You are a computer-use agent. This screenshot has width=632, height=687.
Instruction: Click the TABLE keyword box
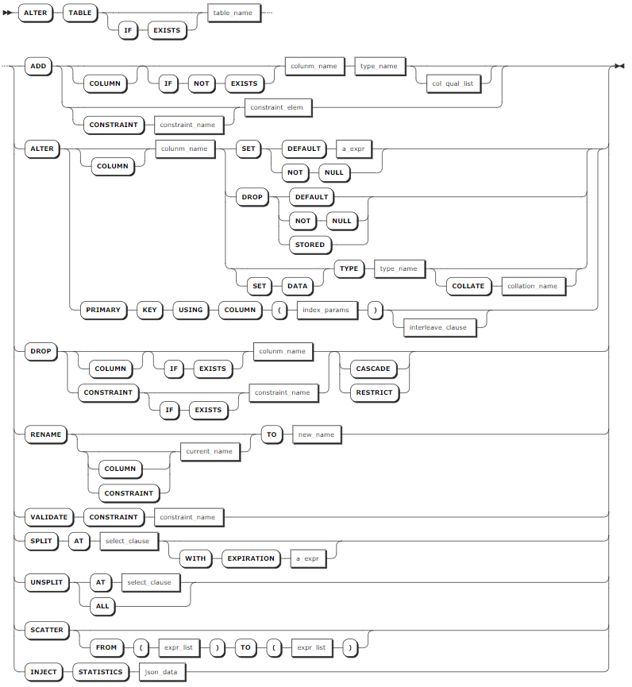80,14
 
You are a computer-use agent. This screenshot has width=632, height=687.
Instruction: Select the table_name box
233,14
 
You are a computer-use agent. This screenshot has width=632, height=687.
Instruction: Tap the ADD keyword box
39,66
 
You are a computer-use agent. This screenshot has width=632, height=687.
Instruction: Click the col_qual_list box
453,83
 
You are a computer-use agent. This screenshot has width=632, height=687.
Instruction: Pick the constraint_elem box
277,107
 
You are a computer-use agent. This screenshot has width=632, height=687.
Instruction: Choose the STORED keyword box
310,245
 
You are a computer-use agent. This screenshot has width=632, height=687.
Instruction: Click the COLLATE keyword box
468,286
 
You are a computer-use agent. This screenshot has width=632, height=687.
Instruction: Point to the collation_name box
533,286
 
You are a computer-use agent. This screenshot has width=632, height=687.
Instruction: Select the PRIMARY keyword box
103,311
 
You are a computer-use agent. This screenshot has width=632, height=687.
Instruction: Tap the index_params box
326,311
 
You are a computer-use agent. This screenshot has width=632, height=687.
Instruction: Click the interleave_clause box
438,328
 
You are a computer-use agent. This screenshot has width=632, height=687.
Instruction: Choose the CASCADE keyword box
373,369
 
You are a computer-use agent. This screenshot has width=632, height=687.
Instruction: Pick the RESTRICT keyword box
375,392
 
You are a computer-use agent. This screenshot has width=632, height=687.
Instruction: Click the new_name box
316,434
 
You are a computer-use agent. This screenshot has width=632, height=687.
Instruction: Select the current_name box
210,451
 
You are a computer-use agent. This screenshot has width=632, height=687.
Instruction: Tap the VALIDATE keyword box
49,518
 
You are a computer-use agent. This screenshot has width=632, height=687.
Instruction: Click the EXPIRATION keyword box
251,558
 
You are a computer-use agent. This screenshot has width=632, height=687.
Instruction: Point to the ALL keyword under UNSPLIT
102,606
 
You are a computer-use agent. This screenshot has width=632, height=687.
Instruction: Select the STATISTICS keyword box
101,672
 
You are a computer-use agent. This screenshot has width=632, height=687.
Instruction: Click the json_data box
161,672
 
